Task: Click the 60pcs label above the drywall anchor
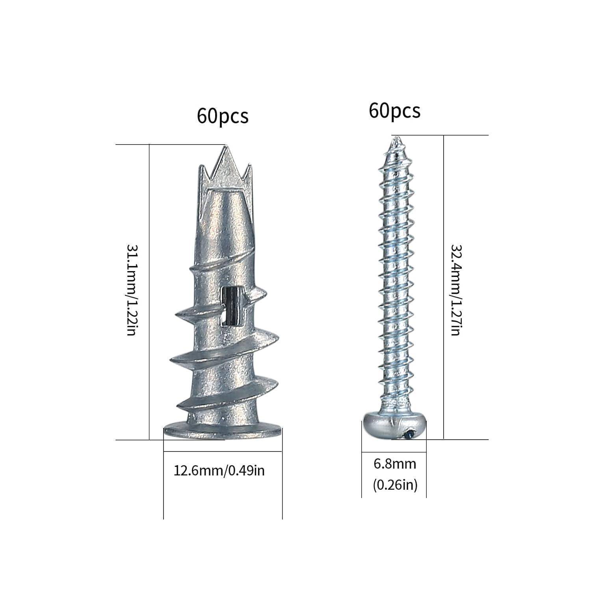click(223, 116)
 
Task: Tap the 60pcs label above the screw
click(394, 111)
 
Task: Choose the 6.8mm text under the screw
click(395, 464)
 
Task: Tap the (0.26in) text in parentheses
click(395, 485)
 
